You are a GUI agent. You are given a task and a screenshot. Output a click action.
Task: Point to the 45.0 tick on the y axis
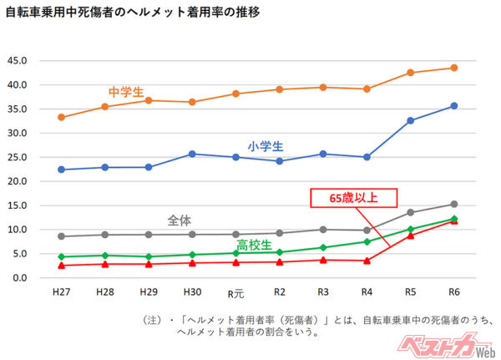tap(18, 61)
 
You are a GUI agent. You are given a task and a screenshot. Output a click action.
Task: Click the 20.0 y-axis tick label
tap(18, 181)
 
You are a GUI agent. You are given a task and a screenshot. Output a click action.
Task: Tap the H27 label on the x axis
tap(61, 294)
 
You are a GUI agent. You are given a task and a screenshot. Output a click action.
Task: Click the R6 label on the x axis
tap(453, 294)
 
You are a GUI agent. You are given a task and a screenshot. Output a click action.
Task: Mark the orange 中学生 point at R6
tap(453, 68)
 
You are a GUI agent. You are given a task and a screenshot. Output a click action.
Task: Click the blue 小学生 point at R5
tap(410, 120)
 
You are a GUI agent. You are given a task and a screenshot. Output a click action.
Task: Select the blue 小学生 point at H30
tap(192, 154)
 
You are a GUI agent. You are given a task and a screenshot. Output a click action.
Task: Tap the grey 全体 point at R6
tap(453, 204)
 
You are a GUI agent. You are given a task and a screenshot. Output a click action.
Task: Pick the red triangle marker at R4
tap(367, 261)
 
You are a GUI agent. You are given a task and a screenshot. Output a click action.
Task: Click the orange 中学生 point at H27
tap(61, 117)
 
